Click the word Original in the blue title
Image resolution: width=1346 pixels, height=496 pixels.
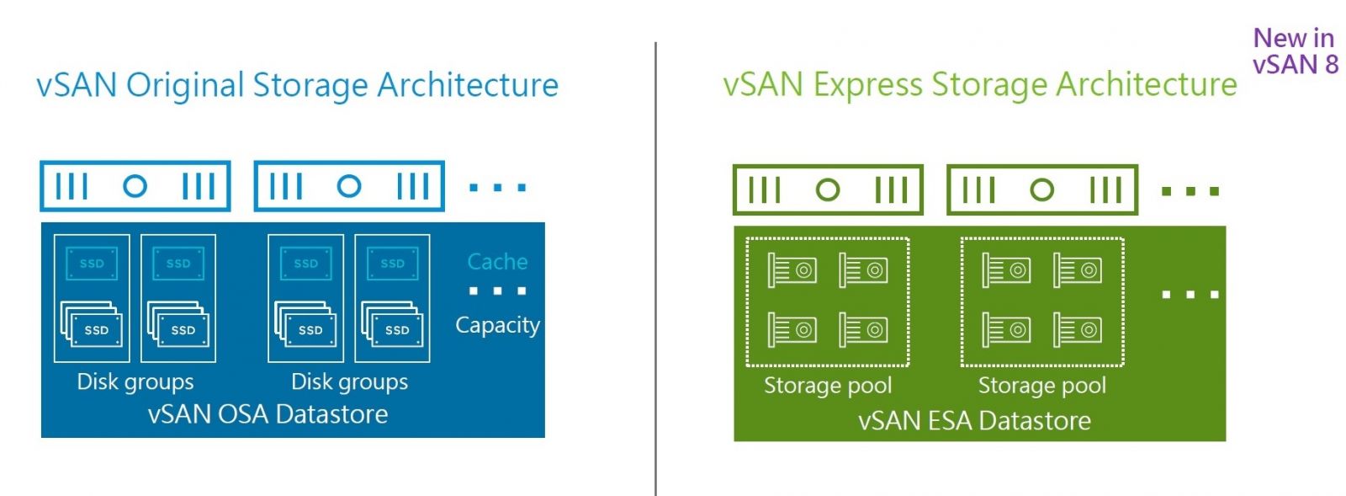(184, 85)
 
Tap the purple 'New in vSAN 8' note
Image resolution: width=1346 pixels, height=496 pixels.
(1294, 51)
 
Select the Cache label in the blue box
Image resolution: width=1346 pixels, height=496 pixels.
(497, 262)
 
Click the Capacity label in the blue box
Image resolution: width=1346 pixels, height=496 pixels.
(497, 325)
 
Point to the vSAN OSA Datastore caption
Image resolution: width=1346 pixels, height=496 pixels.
(268, 414)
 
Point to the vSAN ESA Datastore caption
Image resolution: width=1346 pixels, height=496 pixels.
(974, 420)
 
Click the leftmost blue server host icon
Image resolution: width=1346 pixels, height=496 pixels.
(135, 186)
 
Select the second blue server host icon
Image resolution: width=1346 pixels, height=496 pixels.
(349, 186)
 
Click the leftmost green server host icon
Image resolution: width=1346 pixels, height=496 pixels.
(828, 190)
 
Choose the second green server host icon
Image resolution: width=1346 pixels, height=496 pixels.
(1042, 190)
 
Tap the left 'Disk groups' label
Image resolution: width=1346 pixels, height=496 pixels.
(135, 381)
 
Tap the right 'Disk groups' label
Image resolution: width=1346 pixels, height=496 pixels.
(349, 381)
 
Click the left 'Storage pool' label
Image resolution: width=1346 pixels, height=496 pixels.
(828, 386)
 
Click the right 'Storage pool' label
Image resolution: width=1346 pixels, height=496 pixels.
(1042, 386)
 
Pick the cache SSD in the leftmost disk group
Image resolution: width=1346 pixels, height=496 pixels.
(92, 264)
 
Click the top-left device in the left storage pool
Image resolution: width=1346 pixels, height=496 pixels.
(792, 270)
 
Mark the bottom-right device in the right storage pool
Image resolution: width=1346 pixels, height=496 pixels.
(1078, 330)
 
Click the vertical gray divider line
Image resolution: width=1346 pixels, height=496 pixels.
(655, 269)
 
